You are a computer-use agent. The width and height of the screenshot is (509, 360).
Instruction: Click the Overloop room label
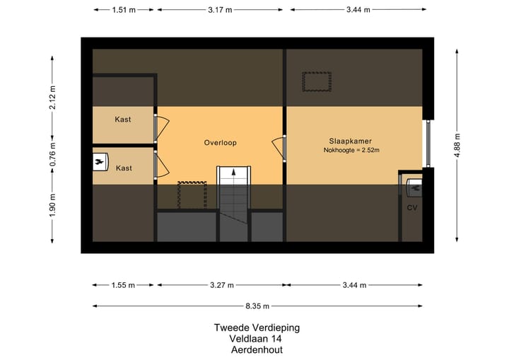220,142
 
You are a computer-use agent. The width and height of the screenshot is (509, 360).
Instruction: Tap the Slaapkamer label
350,140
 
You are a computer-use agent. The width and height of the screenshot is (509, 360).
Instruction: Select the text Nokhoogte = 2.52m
351,150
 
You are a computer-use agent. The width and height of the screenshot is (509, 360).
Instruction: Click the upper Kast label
123,120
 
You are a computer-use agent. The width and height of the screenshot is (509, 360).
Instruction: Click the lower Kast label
124,168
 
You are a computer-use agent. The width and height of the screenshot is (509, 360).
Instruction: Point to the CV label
411,208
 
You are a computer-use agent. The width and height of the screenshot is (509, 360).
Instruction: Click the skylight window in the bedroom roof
317,82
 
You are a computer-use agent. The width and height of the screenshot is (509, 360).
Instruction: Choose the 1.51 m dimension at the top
124,11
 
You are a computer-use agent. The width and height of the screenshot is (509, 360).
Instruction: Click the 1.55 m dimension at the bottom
124,285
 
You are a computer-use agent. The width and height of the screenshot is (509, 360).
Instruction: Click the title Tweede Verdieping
257,327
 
